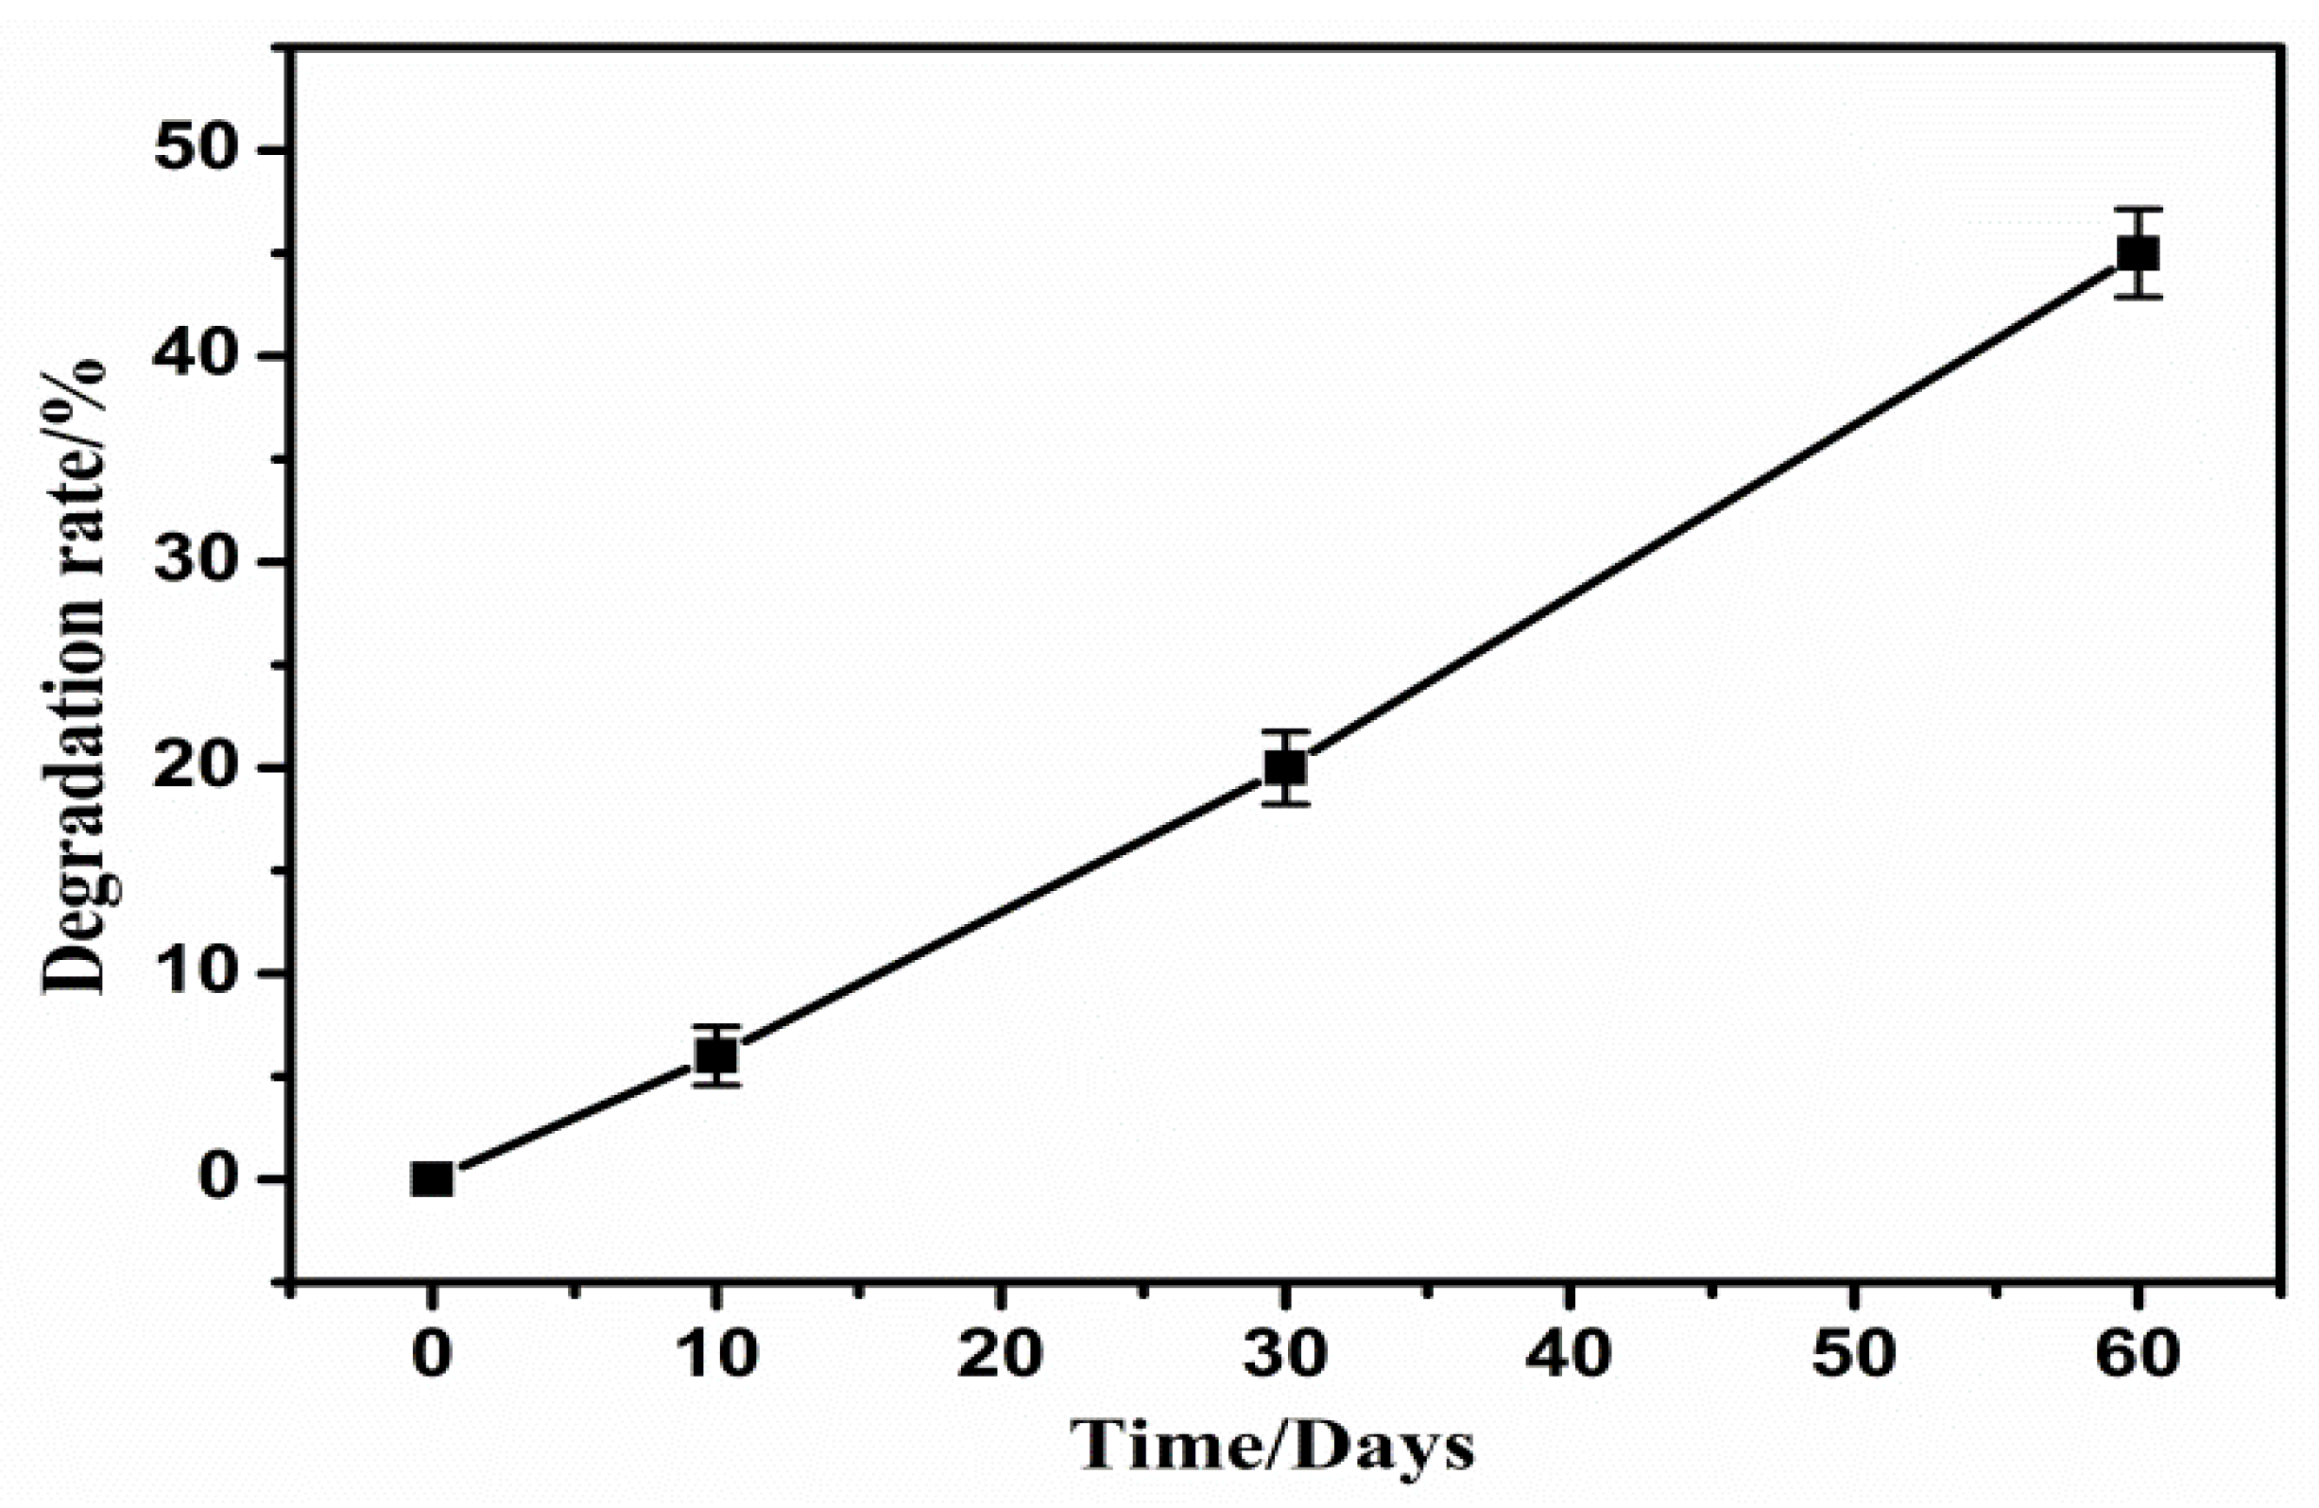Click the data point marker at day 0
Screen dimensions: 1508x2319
432,1180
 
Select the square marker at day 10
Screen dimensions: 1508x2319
716,1055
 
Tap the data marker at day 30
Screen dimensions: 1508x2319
1285,768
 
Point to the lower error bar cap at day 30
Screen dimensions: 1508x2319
1285,804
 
